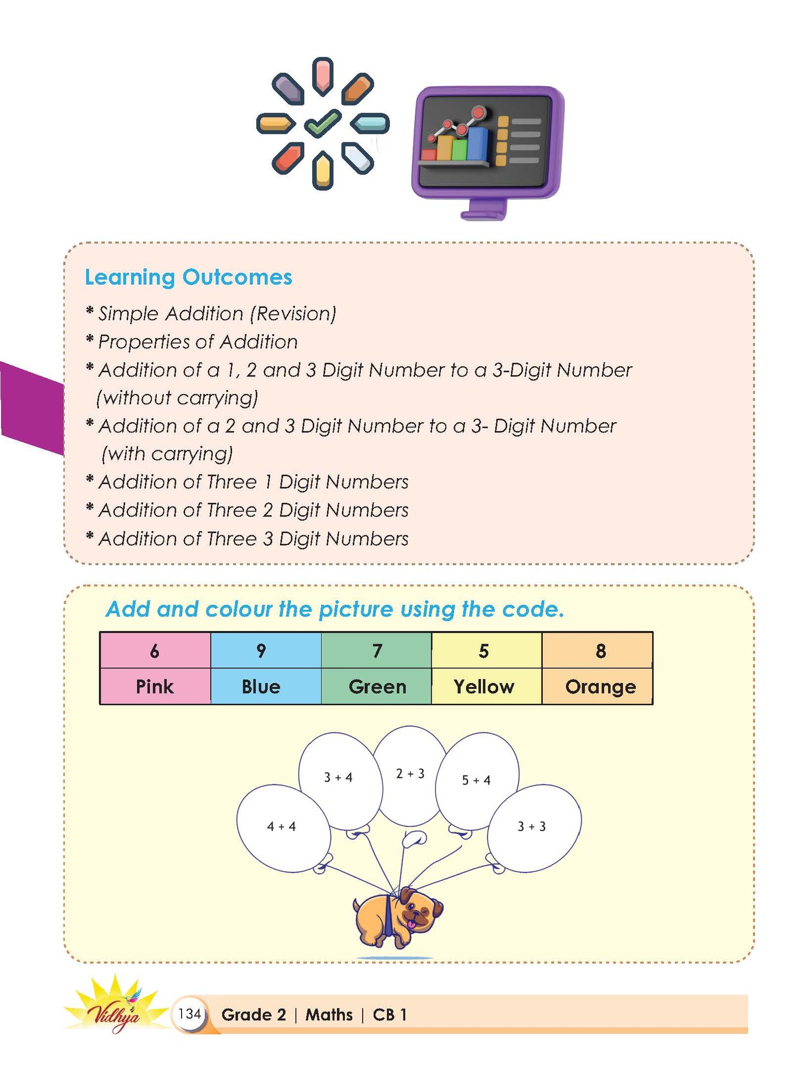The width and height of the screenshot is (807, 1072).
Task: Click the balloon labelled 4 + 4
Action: pyautogui.click(x=282, y=828)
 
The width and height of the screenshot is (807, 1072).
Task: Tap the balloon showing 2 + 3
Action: pyautogui.click(x=410, y=774)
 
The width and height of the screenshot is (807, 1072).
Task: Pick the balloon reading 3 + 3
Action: pyautogui.click(x=533, y=827)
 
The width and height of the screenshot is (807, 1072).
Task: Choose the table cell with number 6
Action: pyautogui.click(x=155, y=651)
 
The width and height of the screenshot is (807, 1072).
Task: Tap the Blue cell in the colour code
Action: pyautogui.click(x=261, y=687)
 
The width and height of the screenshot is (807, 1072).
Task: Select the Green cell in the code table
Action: pyautogui.click(x=377, y=687)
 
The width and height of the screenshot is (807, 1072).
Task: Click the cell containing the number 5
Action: pyautogui.click(x=484, y=651)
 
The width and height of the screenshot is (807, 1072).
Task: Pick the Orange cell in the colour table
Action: pyautogui.click(x=600, y=687)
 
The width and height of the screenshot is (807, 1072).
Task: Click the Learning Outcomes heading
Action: pyautogui.click(x=188, y=277)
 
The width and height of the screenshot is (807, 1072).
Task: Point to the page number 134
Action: pyautogui.click(x=190, y=1013)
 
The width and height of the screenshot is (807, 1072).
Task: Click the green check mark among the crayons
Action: pyautogui.click(x=323, y=123)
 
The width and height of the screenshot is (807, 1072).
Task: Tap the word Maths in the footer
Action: pyautogui.click(x=329, y=1014)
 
